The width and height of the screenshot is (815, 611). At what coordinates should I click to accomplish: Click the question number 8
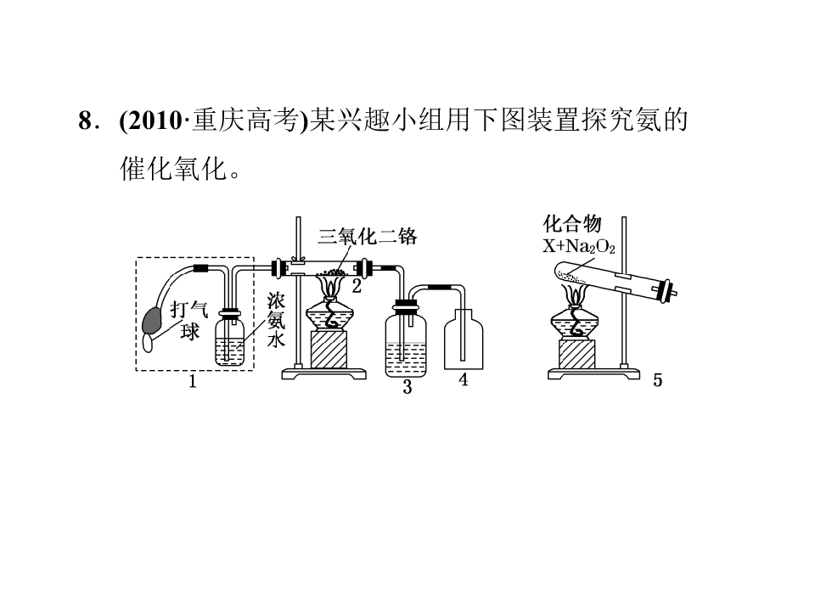[85, 121]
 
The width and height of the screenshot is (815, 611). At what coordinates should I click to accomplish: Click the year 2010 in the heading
[152, 121]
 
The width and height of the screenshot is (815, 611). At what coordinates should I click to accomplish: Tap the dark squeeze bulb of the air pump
[152, 321]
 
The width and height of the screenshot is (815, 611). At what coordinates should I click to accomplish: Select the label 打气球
[189, 321]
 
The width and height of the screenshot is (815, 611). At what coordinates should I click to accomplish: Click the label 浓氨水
[276, 321]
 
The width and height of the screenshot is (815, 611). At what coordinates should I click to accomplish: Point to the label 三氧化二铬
[368, 237]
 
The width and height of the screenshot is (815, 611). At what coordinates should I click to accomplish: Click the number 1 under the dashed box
[193, 382]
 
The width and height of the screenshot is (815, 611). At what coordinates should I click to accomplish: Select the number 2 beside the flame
[357, 286]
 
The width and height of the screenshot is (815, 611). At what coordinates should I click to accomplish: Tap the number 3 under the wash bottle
[407, 387]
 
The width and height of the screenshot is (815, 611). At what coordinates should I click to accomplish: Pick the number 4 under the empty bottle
[464, 380]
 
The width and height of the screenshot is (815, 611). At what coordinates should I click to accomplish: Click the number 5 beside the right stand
[657, 380]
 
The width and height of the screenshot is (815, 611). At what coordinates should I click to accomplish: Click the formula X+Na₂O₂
[579, 246]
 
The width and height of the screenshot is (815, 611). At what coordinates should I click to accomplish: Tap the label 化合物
[572, 224]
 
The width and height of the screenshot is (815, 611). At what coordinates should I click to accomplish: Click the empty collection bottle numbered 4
[464, 339]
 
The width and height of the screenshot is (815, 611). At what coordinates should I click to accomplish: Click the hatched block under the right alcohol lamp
[577, 354]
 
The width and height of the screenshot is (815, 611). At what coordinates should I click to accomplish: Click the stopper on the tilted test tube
[667, 291]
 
